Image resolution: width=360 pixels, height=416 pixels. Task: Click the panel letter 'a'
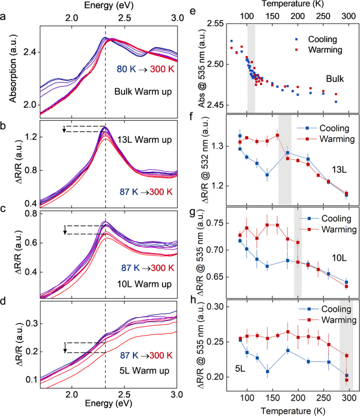(5, 16)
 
